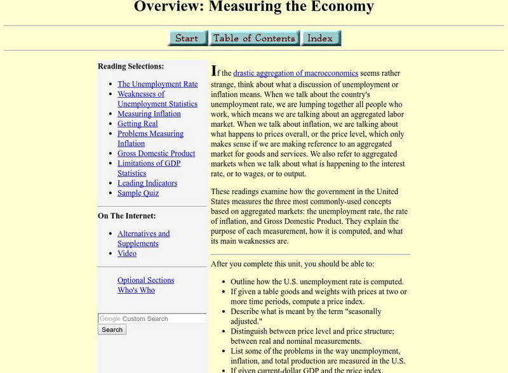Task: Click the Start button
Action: (x=187, y=38)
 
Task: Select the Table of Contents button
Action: (x=254, y=38)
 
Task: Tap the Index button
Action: (x=321, y=38)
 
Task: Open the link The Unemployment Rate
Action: (x=157, y=84)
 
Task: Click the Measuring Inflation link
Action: (x=149, y=114)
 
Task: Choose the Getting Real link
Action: (x=137, y=124)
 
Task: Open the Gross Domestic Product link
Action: (x=156, y=154)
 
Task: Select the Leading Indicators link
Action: (x=147, y=183)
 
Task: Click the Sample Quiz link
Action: (x=138, y=193)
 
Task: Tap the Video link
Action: (x=127, y=254)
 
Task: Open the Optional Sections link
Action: (x=145, y=280)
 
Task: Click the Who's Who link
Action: (x=136, y=291)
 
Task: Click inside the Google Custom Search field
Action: (x=152, y=318)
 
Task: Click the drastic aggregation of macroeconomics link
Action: (x=295, y=73)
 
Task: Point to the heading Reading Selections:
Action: (x=131, y=66)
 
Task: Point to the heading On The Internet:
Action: (x=127, y=216)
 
